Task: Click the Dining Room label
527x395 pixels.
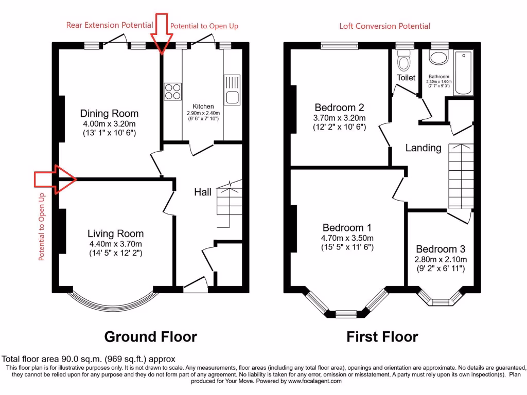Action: pyautogui.click(x=109, y=113)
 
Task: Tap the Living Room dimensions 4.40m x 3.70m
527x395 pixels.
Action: pyautogui.click(x=115, y=244)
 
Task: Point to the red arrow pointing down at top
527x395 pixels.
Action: pyautogui.click(x=161, y=33)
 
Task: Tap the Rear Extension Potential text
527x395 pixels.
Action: pyautogui.click(x=109, y=25)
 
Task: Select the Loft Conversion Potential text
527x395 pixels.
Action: pyautogui.click(x=384, y=26)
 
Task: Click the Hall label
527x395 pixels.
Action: pyautogui.click(x=202, y=192)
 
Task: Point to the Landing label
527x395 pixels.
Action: pyautogui.click(x=423, y=148)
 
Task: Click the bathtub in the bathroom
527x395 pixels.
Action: pyautogui.click(x=464, y=73)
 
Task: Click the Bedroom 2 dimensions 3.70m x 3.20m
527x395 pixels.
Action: pyautogui.click(x=340, y=118)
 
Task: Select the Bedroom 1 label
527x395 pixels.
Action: pyautogui.click(x=347, y=227)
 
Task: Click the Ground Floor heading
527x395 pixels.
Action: pyautogui.click(x=150, y=337)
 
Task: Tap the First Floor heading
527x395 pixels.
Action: pyautogui.click(x=382, y=337)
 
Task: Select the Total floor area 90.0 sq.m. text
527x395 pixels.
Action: pyautogui.click(x=89, y=358)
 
